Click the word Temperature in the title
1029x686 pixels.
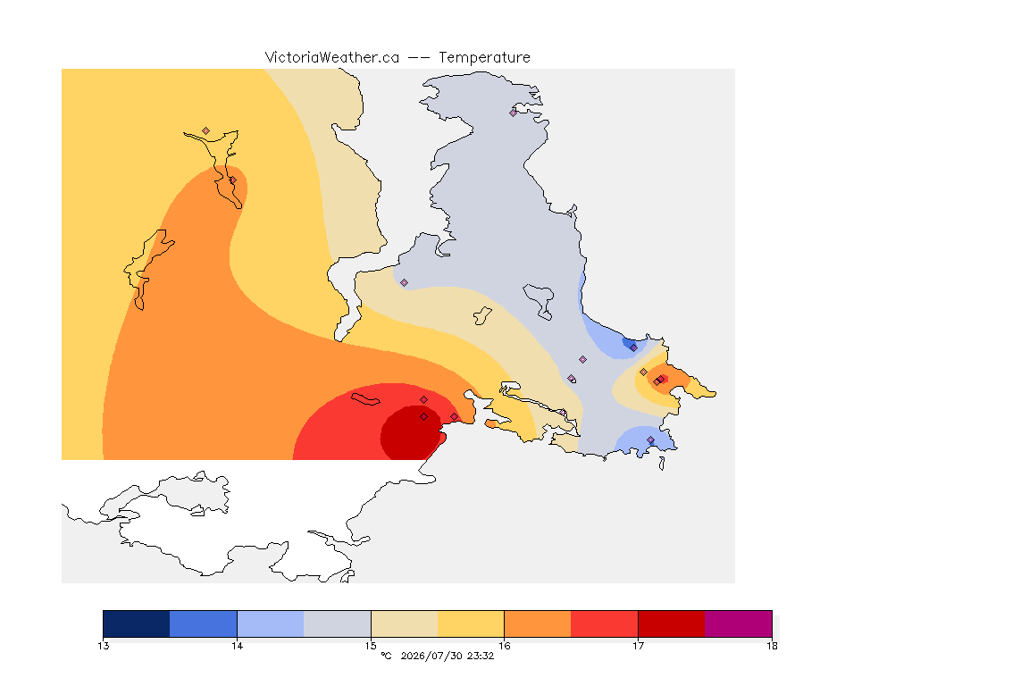tap(484, 58)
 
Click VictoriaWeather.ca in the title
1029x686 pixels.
tap(332, 58)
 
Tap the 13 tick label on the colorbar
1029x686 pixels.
tap(103, 646)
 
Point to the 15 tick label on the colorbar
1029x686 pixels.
tap(371, 646)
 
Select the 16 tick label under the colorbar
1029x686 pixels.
tap(504, 646)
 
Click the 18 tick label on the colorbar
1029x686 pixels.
tap(772, 646)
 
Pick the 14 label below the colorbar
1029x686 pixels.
tap(237, 646)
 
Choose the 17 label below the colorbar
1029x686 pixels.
tap(638, 646)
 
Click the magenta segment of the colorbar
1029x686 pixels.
tap(739, 623)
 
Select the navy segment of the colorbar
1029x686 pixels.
tap(137, 623)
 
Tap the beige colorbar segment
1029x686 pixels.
tap(405, 623)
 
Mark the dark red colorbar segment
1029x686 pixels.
tap(672, 623)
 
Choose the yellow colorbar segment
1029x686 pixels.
tap(471, 623)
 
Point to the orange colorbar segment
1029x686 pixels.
tap(538, 623)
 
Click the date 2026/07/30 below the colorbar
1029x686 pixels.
tap(431, 656)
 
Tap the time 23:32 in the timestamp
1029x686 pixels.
tap(481, 656)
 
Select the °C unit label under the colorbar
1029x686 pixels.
tap(386, 656)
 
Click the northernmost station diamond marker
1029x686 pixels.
tap(514, 113)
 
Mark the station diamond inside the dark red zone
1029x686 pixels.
tap(424, 417)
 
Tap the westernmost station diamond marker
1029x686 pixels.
tap(206, 131)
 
